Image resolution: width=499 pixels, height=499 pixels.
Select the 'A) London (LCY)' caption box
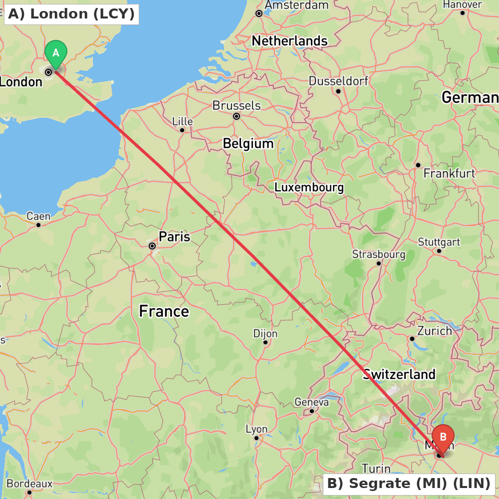click(x=71, y=14)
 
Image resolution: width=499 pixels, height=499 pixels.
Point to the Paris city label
click(x=174, y=237)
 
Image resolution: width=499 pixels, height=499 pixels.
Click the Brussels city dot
click(x=237, y=116)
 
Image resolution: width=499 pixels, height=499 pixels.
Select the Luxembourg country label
click(x=309, y=188)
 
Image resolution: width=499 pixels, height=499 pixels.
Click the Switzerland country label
click(x=399, y=374)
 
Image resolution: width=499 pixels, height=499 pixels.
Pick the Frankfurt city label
click(x=449, y=174)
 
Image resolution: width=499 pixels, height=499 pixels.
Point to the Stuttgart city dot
click(x=439, y=250)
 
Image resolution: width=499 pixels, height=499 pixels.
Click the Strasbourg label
click(x=379, y=254)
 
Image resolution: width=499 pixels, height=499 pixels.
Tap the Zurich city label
click(x=434, y=331)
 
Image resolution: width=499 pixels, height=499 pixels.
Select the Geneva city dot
click(x=312, y=411)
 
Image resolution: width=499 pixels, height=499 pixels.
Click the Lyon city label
click(x=256, y=429)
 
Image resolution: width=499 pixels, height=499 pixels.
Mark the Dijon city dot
click(x=265, y=342)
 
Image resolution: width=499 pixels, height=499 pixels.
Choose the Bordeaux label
click(x=29, y=484)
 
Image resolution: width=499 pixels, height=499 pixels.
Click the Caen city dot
click(x=38, y=225)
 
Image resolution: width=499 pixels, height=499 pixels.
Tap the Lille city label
click(x=182, y=121)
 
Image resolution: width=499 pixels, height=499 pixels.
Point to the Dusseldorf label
click(x=338, y=81)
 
